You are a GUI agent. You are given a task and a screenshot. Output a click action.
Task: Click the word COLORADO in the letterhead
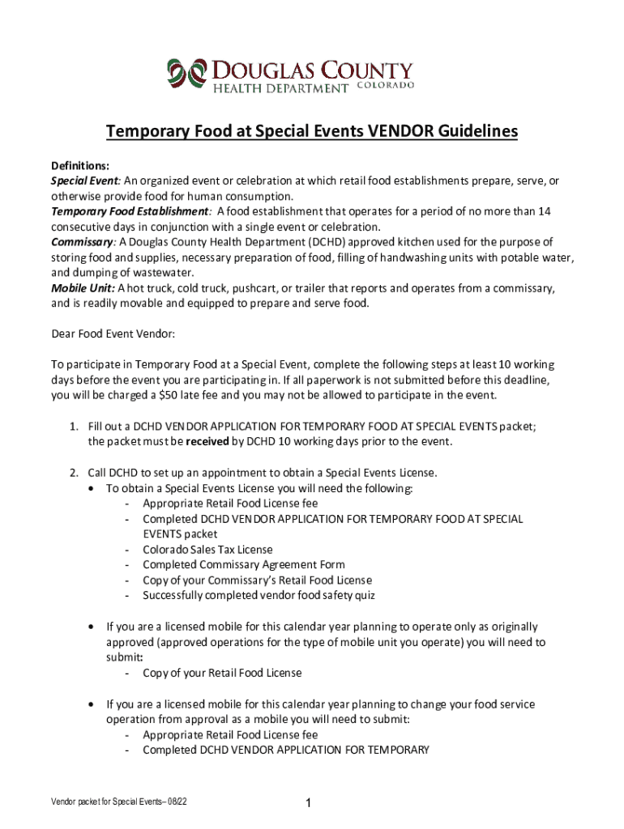pyautogui.click(x=386, y=86)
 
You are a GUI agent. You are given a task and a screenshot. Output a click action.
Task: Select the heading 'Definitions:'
pyautogui.click(x=80, y=165)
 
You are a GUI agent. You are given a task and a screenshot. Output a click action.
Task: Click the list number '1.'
pyautogui.click(x=73, y=426)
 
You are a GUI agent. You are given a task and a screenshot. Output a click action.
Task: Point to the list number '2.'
pyautogui.click(x=73, y=473)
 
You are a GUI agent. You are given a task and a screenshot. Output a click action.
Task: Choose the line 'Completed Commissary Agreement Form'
pyautogui.click(x=244, y=564)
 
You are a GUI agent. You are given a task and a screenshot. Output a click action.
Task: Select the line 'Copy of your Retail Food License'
pyautogui.click(x=222, y=673)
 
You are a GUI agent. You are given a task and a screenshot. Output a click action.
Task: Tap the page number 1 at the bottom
pyautogui.click(x=309, y=803)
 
